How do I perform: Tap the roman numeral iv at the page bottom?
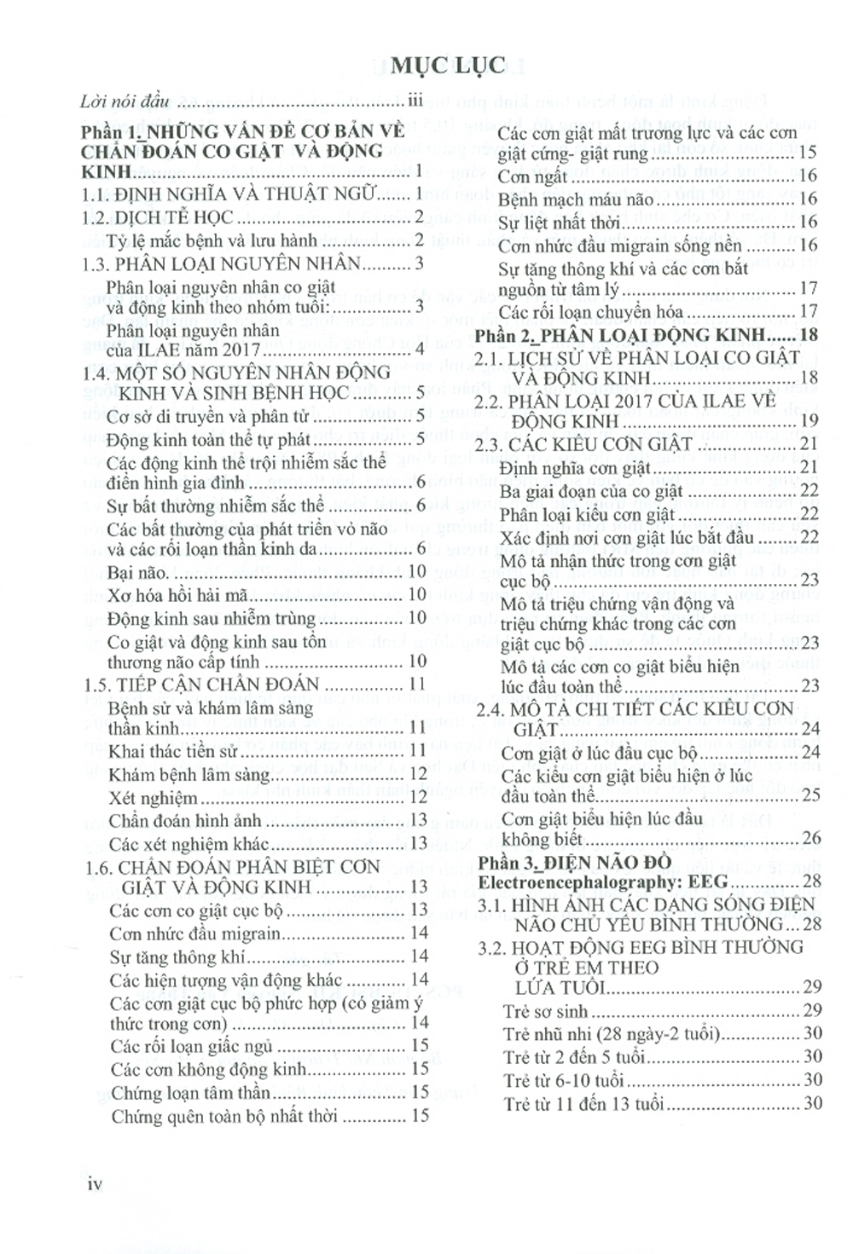pos(95,1183)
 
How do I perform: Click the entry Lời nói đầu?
pos(125,101)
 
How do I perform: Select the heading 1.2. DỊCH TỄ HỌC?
pos(158,217)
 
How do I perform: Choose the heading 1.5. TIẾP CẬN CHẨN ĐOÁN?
pos(189,685)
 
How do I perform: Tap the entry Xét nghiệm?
pos(154,799)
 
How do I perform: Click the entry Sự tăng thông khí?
pos(177,957)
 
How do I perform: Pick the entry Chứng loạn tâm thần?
pos(191,1093)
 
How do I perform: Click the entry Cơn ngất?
pos(532,177)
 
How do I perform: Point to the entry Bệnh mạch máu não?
pos(576,200)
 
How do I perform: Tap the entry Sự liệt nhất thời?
pos(559,223)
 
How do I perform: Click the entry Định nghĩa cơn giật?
pos(575,467)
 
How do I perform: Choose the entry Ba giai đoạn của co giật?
pos(591,491)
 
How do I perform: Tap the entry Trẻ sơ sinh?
pos(545,1012)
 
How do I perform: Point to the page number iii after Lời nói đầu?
pos(415,101)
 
